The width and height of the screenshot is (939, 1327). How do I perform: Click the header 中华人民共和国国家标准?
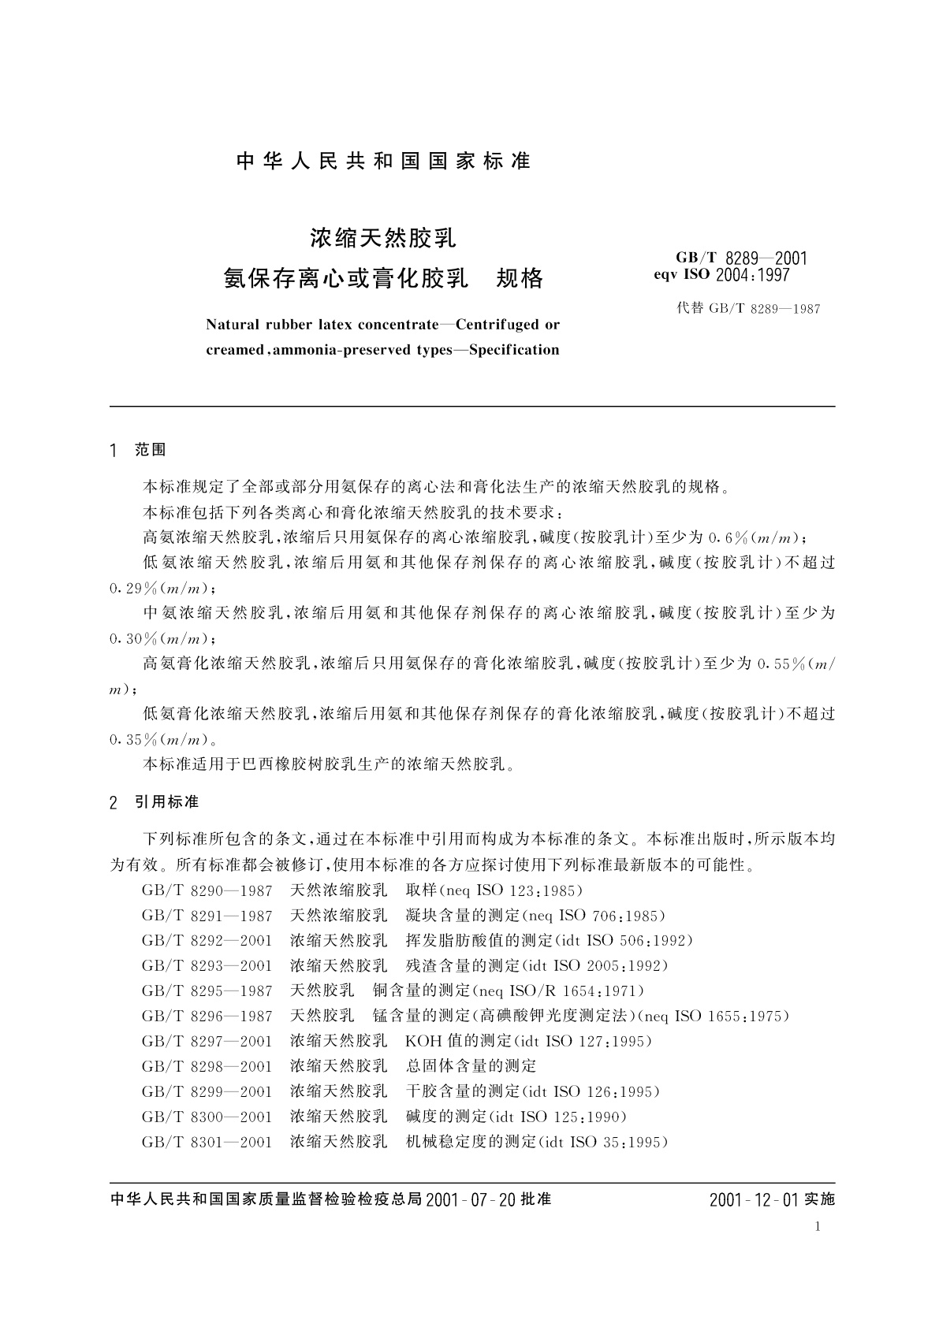tap(383, 162)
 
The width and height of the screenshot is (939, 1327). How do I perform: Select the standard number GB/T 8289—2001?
tap(741, 258)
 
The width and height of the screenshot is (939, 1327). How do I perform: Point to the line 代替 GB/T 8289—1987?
tap(748, 309)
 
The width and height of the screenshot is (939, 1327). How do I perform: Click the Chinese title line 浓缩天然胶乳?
tap(383, 236)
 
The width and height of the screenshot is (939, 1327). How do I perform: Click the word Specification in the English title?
tap(513, 350)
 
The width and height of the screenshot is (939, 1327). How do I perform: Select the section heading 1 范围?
tap(140, 450)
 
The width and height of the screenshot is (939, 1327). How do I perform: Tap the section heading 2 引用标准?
tap(155, 802)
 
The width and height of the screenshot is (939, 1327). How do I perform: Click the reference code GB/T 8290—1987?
tap(207, 891)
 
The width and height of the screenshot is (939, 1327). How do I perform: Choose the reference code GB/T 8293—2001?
tap(207, 966)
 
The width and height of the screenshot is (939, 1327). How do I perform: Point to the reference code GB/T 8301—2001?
tap(207, 1142)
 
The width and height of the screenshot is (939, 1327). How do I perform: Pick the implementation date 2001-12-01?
tap(754, 1200)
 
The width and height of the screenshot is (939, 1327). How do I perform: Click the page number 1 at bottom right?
tap(818, 1227)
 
